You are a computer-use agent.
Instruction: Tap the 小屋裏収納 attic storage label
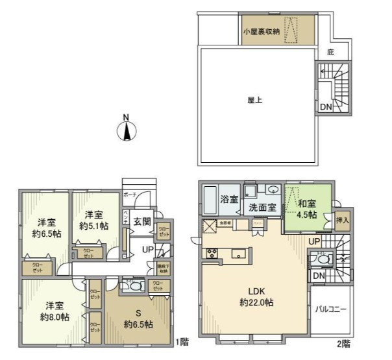click(262, 32)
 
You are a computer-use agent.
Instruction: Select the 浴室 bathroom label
click(229, 199)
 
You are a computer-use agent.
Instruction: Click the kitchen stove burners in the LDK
click(211, 252)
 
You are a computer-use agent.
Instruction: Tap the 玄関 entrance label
click(143, 221)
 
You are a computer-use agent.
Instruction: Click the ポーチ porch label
click(129, 193)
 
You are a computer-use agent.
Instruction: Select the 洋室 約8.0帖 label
click(55, 311)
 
